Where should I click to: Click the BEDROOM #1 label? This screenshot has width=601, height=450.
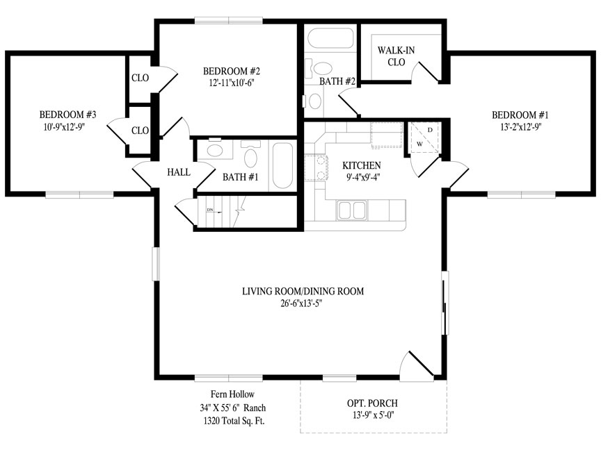point(520,115)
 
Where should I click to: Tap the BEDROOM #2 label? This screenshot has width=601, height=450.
point(232,71)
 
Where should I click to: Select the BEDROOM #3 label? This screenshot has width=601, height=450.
point(68,115)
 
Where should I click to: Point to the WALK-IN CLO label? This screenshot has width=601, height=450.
point(396,56)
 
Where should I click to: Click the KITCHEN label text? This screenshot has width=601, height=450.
point(362,165)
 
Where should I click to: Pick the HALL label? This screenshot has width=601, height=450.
point(179,172)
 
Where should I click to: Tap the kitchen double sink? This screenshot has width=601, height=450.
point(351,210)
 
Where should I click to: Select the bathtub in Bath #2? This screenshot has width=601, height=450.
point(330,38)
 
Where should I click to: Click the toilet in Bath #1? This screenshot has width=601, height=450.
point(250,154)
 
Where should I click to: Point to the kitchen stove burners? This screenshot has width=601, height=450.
point(316,167)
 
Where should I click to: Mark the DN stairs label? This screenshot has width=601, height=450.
point(210,210)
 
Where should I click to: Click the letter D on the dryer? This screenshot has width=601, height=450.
point(430,130)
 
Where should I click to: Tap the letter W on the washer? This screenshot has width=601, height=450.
point(419,144)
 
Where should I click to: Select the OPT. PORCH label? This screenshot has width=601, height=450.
point(372,403)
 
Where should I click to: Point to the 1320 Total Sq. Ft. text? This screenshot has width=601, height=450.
point(234,422)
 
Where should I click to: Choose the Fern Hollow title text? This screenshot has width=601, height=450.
point(232,394)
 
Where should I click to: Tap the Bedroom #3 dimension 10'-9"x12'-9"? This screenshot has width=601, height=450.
point(63,127)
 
